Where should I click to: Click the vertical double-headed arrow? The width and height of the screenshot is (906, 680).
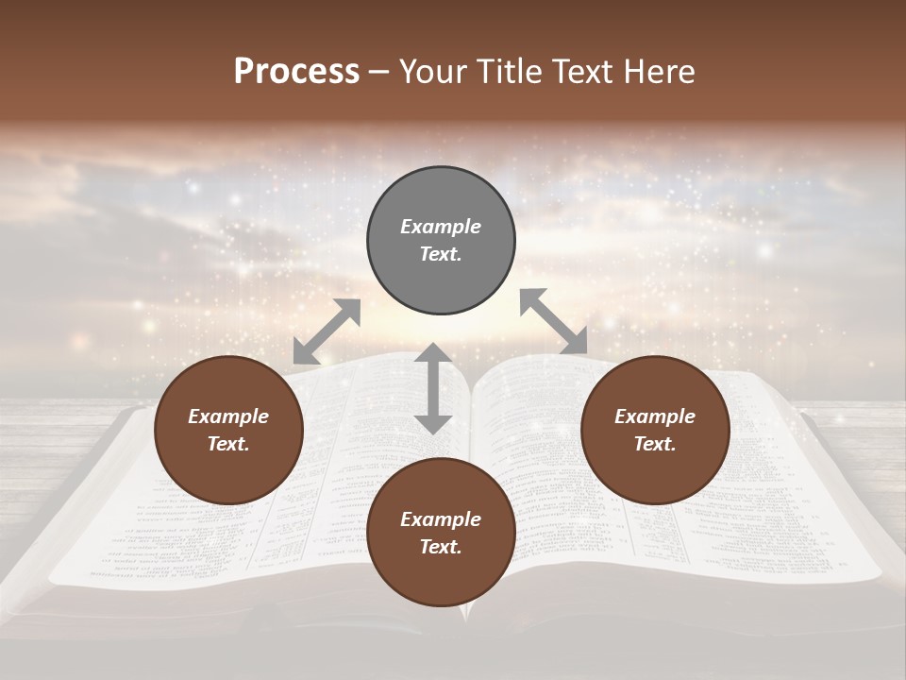point(433,388)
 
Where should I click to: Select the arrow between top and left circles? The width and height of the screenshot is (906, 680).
point(327,331)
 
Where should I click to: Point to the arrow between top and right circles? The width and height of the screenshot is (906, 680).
point(553,321)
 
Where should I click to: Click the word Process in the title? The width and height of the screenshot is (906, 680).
point(296,71)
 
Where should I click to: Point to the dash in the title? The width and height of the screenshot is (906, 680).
point(379,72)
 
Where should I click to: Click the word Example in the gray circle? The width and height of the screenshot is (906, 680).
point(441,227)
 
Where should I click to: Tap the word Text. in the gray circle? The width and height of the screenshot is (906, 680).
point(441,254)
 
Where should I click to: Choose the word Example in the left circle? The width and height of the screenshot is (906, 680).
point(228,416)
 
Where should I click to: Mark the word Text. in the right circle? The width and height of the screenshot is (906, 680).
point(655,444)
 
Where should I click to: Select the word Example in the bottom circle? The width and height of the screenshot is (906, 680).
point(441,519)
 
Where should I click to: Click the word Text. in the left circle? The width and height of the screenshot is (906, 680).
point(228,444)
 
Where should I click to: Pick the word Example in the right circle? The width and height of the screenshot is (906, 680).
point(655,416)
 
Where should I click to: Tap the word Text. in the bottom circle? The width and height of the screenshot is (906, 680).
point(441,547)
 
